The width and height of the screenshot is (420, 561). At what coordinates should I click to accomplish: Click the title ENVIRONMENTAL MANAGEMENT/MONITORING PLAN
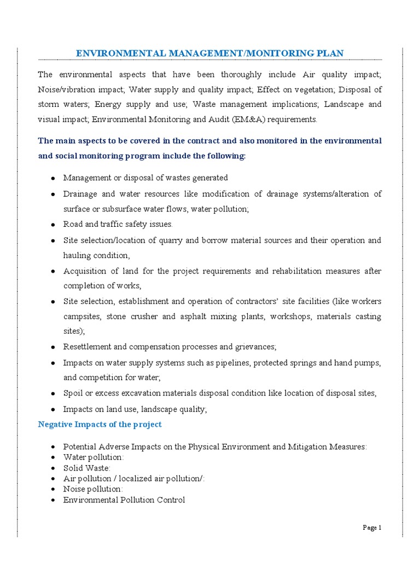click(x=209, y=53)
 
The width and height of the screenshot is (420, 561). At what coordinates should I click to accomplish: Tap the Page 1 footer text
click(x=372, y=528)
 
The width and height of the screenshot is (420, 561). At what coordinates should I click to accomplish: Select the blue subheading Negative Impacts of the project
click(x=100, y=425)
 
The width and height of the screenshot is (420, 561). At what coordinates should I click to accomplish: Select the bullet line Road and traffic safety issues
click(x=118, y=224)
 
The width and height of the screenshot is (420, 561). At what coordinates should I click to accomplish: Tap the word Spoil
click(x=73, y=393)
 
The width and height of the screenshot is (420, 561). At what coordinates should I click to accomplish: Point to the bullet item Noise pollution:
click(x=93, y=489)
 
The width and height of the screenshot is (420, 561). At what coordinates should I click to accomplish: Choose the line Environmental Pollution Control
click(x=124, y=500)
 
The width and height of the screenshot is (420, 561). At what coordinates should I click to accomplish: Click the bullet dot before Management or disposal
click(x=52, y=179)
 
